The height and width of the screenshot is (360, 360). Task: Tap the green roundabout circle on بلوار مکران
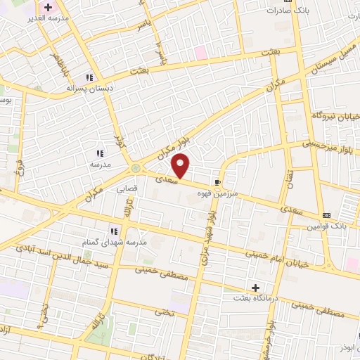point(135,168)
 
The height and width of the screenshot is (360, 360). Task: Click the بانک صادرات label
point(288,11)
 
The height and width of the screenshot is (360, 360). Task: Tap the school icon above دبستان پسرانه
point(89,77)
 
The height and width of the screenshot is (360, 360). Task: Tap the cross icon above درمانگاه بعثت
point(256,288)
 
